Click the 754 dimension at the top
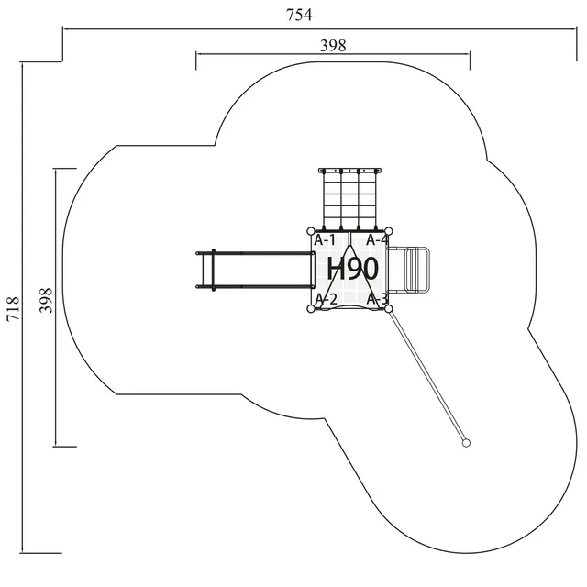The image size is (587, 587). coord(299,14)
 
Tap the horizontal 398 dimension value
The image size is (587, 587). coord(332,45)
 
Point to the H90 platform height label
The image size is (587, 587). coord(352,269)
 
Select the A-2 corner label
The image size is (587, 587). coord(327,299)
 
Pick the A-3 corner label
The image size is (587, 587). coord(377,299)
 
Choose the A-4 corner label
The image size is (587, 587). coord(377,240)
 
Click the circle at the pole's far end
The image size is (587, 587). coord(466,443)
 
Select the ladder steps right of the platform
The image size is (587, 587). coord(417,269)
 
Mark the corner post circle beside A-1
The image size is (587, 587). coord(312,231)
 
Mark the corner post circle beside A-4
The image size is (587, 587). coord(389,231)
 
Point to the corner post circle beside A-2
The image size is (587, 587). coord(312,308)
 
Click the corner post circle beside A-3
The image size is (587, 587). coord(389,308)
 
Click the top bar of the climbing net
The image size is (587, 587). coord(349,171)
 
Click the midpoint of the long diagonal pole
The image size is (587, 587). coord(427,376)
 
